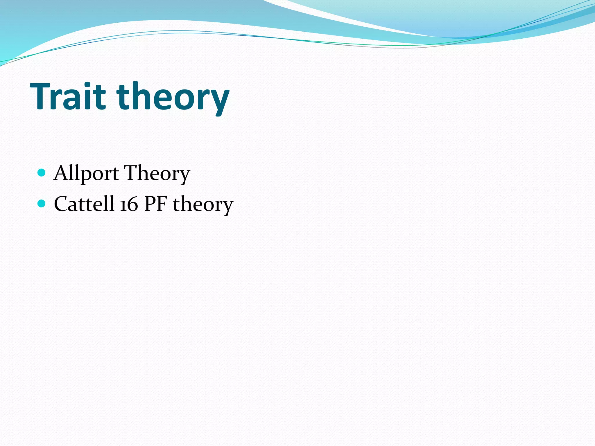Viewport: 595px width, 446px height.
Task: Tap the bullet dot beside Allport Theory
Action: click(42, 173)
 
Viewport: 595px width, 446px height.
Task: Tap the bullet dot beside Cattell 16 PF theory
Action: click(42, 203)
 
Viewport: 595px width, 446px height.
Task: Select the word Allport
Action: click(86, 174)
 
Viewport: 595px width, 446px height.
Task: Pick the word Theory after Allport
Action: click(157, 174)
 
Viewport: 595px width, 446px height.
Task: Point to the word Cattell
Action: click(84, 204)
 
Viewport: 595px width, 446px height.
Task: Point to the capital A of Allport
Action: click(62, 173)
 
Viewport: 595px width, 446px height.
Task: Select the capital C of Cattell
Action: click(62, 204)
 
